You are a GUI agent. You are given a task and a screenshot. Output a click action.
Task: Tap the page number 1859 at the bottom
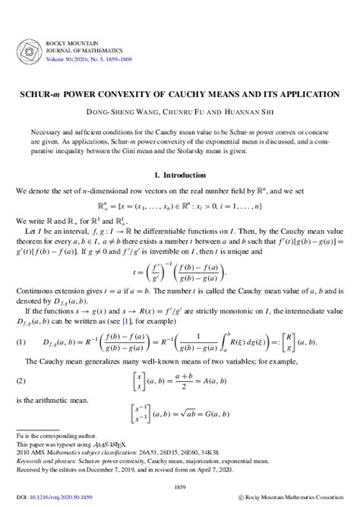tap(179, 486)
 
